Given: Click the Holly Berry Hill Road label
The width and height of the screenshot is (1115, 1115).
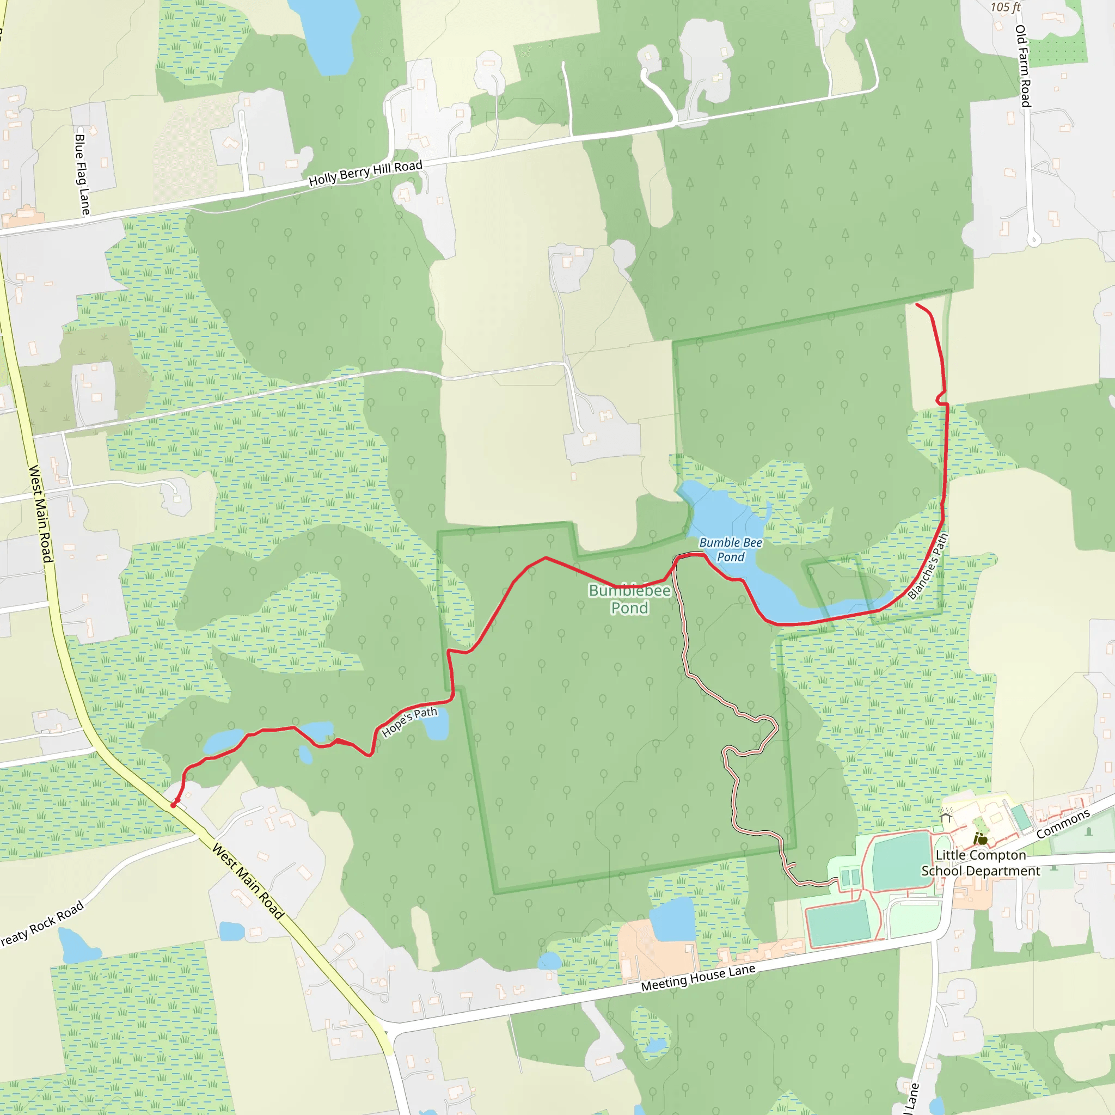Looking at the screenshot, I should pos(365,173).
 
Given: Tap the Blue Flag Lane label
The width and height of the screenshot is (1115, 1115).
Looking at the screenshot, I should pos(82,175).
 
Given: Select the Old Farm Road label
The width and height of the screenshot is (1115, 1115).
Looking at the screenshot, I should pos(1022,66).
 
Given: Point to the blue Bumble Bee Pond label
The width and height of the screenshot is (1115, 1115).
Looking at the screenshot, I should pos(730,549).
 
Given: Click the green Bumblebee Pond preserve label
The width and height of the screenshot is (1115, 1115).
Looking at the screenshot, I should pos(630,599).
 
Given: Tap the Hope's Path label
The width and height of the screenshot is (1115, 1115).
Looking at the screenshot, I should pos(409,722).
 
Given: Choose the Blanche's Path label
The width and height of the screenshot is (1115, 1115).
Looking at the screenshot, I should pos(927,566).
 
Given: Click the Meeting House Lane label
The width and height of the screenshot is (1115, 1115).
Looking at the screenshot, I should pos(698,978).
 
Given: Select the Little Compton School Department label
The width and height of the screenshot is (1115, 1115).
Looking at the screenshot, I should pos(981,863).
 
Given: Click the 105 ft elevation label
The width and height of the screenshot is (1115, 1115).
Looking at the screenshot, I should pos(1006,8).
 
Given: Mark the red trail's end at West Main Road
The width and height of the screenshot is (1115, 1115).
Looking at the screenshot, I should pos(173,805).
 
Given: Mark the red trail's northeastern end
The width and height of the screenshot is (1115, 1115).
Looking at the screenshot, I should pos(917,304).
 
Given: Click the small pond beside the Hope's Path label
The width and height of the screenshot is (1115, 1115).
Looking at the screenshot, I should pos(437,730).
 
